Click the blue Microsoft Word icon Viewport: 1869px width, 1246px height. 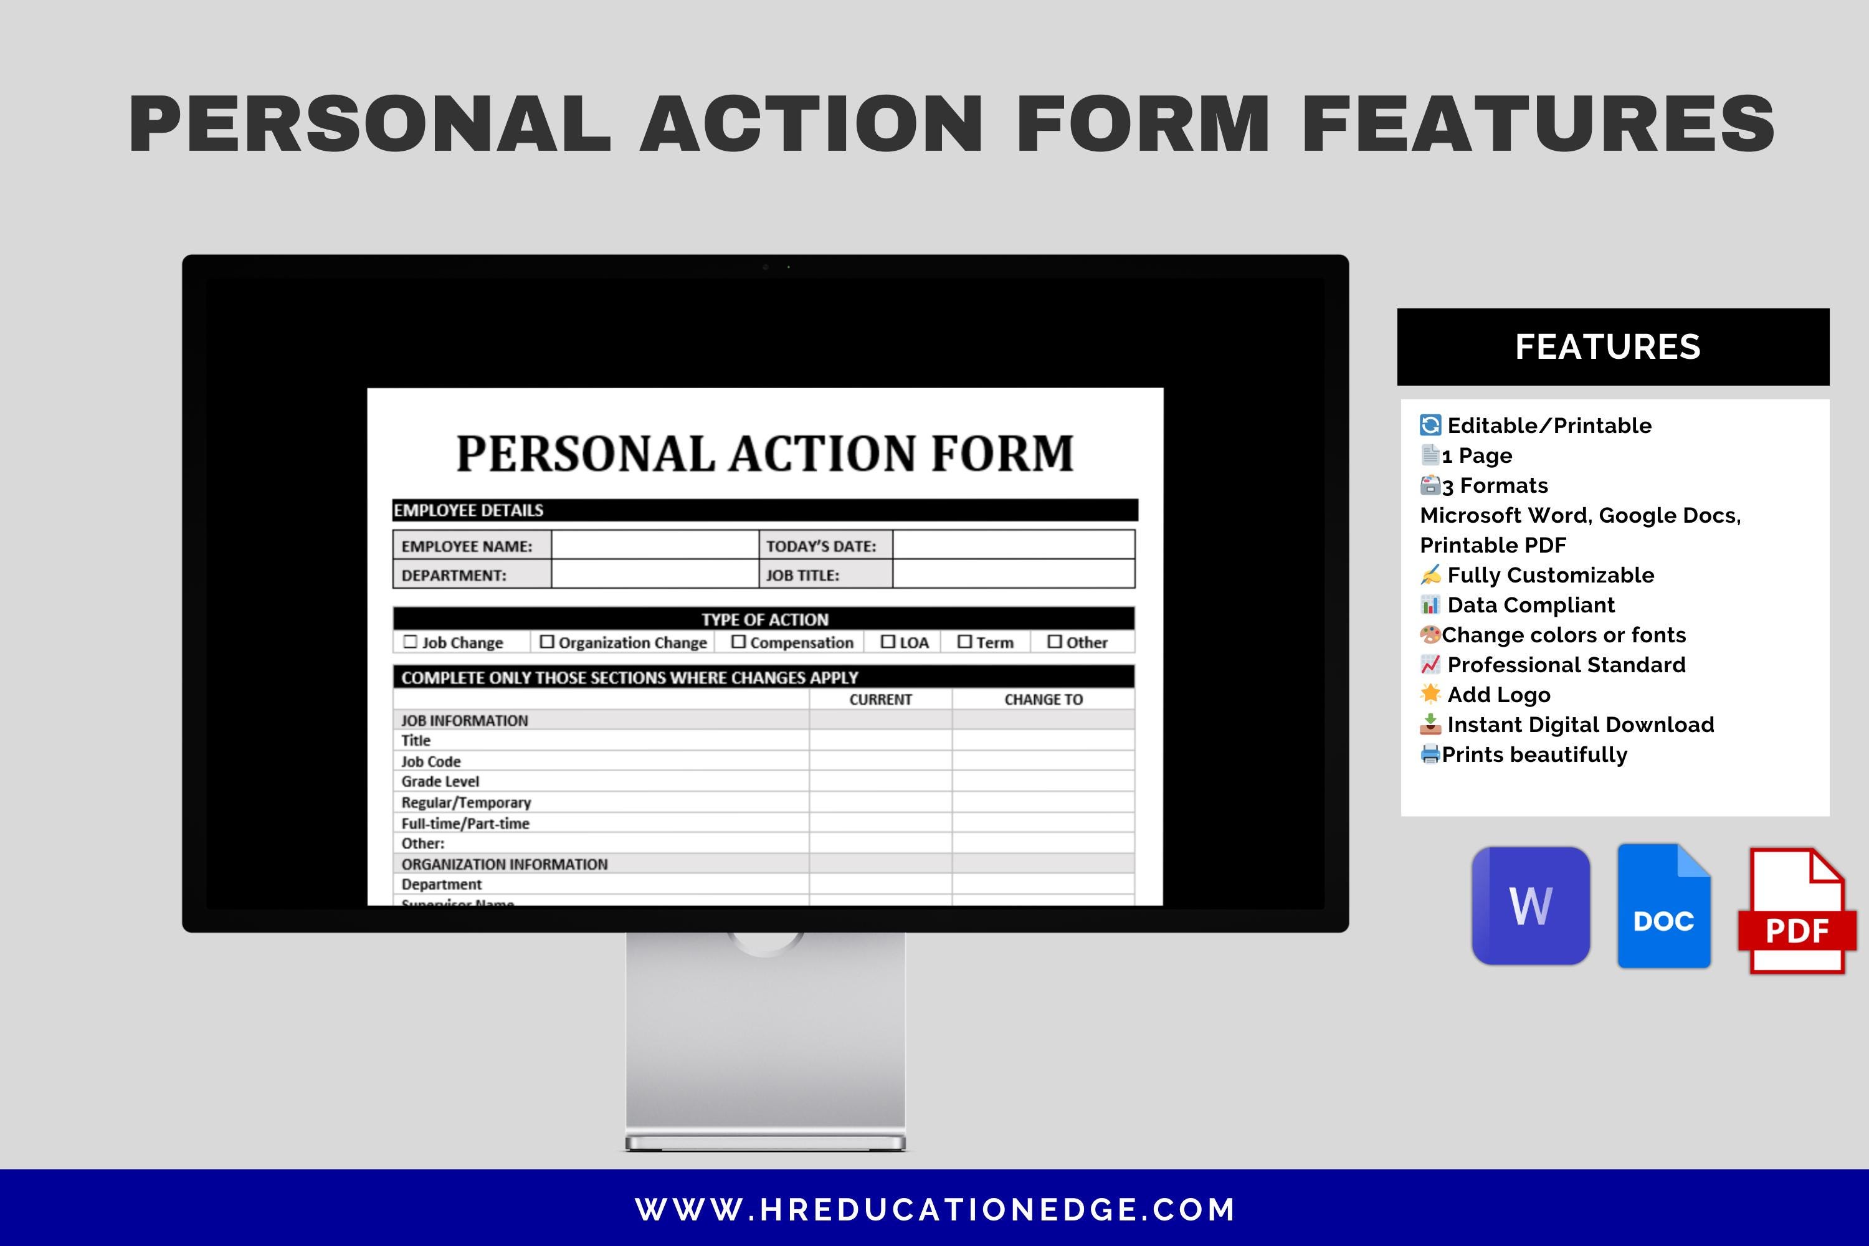(1531, 906)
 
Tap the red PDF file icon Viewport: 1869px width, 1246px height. (1797, 911)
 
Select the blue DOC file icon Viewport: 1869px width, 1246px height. (1664, 906)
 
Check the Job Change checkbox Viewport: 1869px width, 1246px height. (410, 641)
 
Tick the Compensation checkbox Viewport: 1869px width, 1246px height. (738, 641)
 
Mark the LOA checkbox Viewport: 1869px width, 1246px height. (888, 641)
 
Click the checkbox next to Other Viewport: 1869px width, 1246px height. (1055, 641)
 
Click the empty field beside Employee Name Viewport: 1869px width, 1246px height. (655, 545)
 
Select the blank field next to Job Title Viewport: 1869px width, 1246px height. (1013, 574)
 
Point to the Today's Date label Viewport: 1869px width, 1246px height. (821, 546)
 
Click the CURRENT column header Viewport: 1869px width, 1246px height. (880, 699)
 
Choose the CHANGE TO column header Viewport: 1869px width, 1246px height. (1044, 699)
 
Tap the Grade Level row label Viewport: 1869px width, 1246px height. (440, 781)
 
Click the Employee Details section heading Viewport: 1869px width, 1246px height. (469, 510)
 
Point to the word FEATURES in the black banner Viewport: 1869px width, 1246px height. (1607, 347)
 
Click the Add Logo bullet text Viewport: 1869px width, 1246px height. (1499, 695)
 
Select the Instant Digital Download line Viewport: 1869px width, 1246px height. (1580, 725)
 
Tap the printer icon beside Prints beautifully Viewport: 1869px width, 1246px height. (1430, 754)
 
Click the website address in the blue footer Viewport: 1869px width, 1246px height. (934, 1209)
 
